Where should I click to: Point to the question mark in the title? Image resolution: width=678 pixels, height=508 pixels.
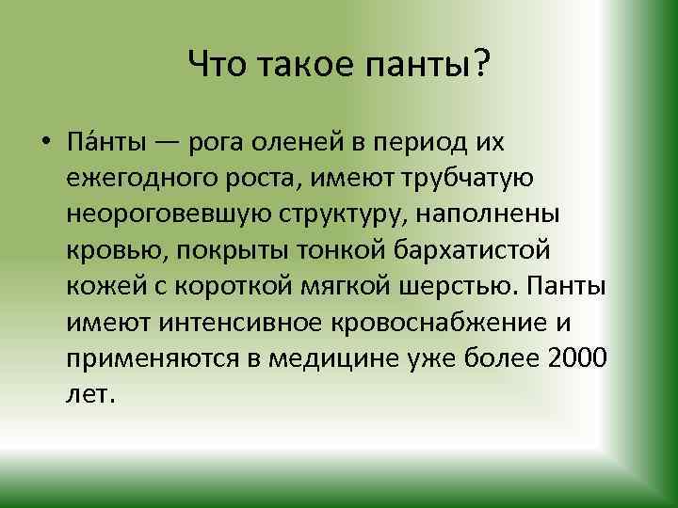pyautogui.click(x=481, y=65)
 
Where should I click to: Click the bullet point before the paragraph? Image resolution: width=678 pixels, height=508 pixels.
pyautogui.click(x=45, y=145)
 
